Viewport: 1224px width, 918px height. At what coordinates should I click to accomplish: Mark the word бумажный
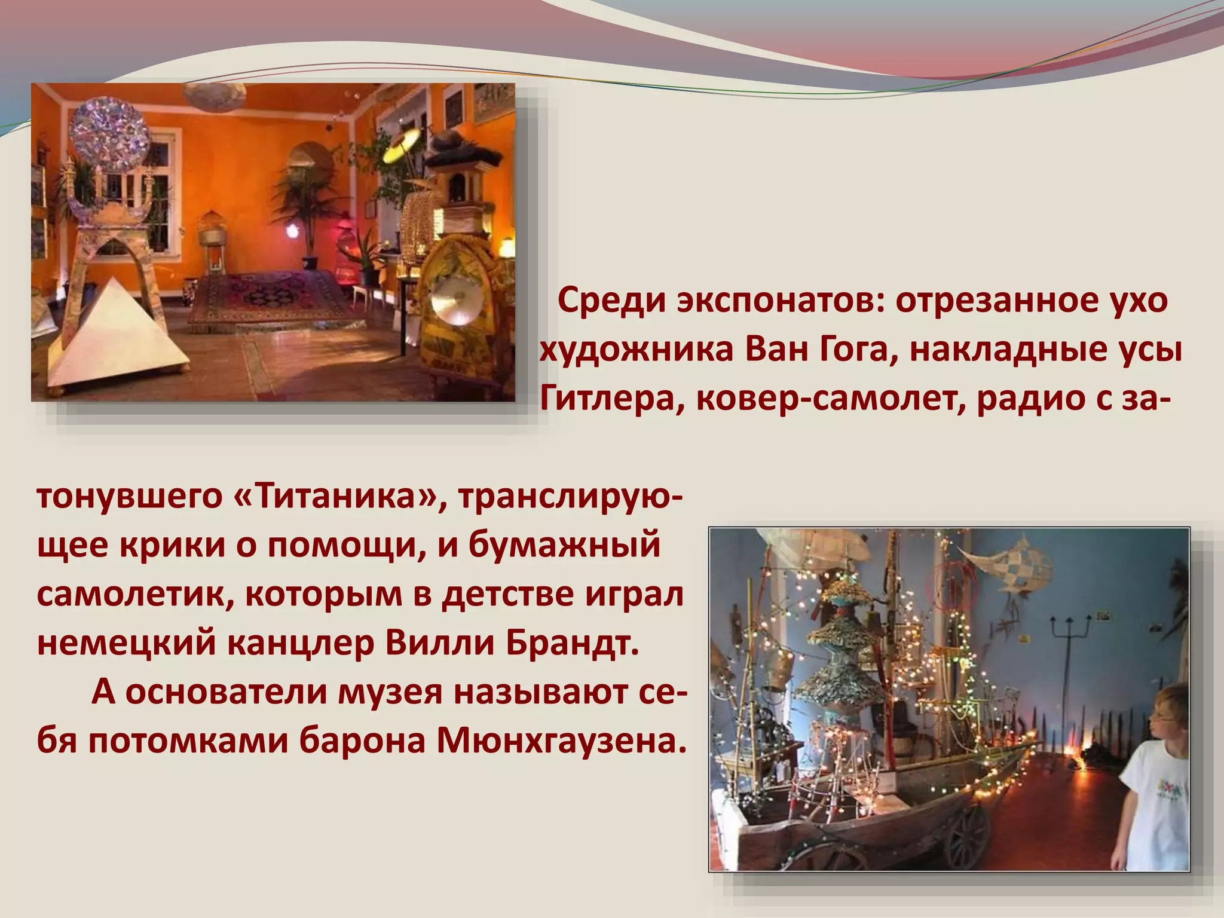564,545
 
